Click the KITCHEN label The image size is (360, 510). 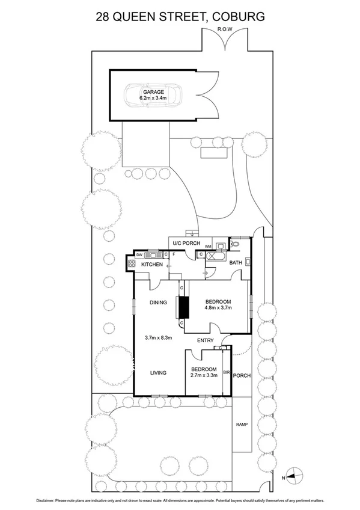click(152, 265)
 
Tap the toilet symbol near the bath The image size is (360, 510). click(235, 245)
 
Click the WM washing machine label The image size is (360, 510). click(208, 247)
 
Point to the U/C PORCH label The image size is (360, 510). click(186, 243)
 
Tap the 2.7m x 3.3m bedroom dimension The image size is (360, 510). click(204, 376)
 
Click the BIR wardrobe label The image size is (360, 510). click(227, 373)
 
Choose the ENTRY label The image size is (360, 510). click(206, 341)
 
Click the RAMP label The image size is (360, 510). click(242, 425)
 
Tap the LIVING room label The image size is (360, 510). click(158, 373)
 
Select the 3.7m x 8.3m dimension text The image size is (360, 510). click(159, 337)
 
